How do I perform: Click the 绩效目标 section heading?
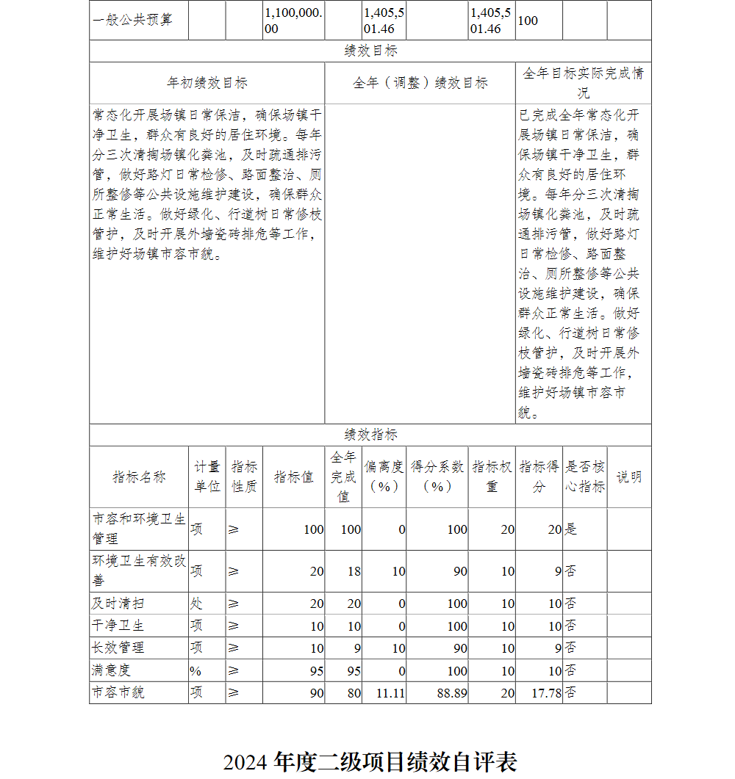[370, 51]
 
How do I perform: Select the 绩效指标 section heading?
[370, 435]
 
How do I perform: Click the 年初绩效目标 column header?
[207, 83]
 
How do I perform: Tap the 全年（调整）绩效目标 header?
[420, 83]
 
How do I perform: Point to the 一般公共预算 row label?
[133, 20]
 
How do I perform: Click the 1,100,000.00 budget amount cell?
[293, 21]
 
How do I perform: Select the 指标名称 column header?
[139, 477]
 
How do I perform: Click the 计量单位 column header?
[207, 477]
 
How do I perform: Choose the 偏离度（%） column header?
[384, 477]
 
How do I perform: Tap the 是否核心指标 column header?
[585, 477]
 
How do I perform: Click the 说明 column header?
[629, 477]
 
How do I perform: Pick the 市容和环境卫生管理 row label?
[139, 529]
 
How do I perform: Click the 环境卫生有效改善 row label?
[139, 570]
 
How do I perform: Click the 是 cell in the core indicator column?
[571, 529]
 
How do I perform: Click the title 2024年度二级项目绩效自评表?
[370, 761]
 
